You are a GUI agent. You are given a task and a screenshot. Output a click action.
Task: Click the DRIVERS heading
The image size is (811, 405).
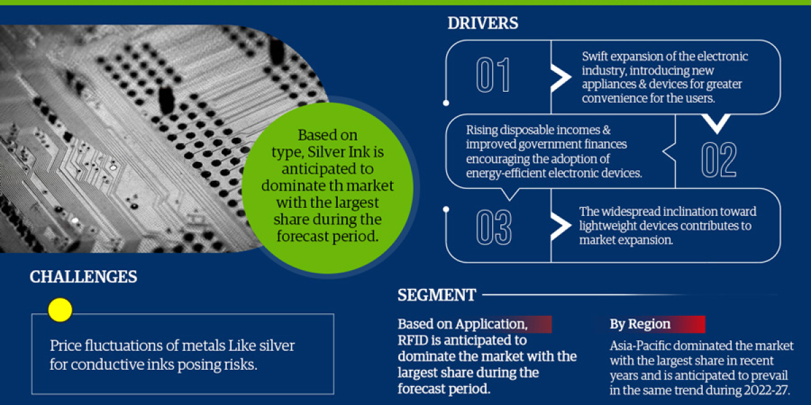[483, 24]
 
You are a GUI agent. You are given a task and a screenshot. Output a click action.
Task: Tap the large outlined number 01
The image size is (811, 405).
[493, 76]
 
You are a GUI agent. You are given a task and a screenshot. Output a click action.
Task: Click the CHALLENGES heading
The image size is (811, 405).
[83, 277]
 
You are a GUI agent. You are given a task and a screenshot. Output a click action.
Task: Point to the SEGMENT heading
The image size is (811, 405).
[437, 295]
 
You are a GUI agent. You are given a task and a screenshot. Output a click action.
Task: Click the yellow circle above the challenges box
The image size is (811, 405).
[60, 309]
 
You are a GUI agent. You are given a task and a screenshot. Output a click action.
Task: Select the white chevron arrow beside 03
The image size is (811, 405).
[560, 225]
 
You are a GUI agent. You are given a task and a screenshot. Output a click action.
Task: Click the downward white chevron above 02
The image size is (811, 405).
[716, 123]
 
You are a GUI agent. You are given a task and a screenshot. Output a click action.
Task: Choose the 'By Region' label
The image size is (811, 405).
[640, 324]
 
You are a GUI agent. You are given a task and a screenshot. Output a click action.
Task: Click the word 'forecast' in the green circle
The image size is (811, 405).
[304, 236]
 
